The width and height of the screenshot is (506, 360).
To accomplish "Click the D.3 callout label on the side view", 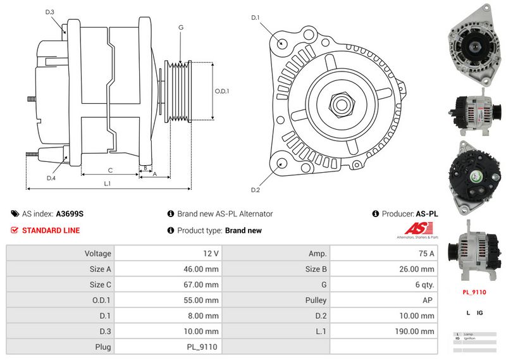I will [50, 12].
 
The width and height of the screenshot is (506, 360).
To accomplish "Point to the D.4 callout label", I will [51, 178].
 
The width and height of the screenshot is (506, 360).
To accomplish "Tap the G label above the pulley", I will [181, 27].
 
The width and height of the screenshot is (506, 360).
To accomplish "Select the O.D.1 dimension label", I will [222, 91].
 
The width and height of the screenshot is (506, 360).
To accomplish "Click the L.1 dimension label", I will [108, 183].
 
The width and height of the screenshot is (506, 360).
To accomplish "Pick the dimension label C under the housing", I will [110, 170].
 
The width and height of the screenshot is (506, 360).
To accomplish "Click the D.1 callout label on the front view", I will [256, 18].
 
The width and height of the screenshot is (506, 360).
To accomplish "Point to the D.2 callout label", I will [256, 190].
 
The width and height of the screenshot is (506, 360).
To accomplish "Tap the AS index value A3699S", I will [70, 214].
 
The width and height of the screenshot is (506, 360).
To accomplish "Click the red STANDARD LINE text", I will [51, 230].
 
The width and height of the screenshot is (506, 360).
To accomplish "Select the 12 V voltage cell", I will [211, 254].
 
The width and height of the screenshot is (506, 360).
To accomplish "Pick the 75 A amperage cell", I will [427, 254].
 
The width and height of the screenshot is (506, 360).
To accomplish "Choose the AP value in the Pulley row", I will [429, 301].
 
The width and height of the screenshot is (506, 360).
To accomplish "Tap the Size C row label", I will [101, 285].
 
